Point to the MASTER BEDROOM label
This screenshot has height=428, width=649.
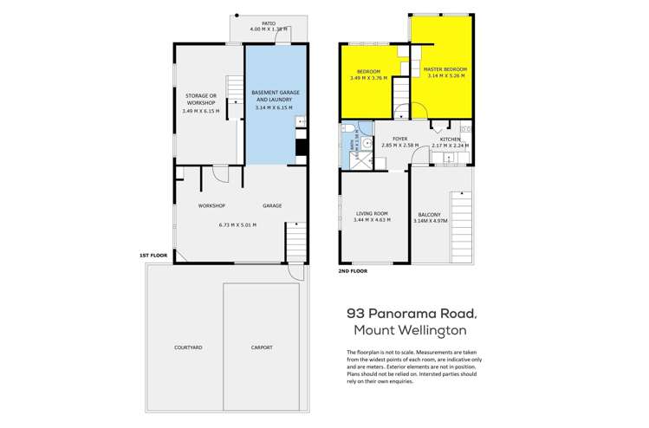tap(447, 69)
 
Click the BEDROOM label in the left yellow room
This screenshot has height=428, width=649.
tap(368, 72)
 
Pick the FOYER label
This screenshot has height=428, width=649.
tap(400, 139)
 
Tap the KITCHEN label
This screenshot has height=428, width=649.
tap(450, 139)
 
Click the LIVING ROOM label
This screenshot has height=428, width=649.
tap(372, 213)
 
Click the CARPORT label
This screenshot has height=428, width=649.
tap(261, 347)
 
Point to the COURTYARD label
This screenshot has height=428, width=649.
tap(188, 347)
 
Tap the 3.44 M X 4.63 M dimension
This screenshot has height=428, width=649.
tap(372, 220)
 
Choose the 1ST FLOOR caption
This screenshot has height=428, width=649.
tap(153, 256)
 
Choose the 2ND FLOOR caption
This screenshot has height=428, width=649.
tap(353, 271)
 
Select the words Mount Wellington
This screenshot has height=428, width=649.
tap(411, 330)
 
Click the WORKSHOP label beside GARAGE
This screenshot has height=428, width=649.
tap(211, 205)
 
